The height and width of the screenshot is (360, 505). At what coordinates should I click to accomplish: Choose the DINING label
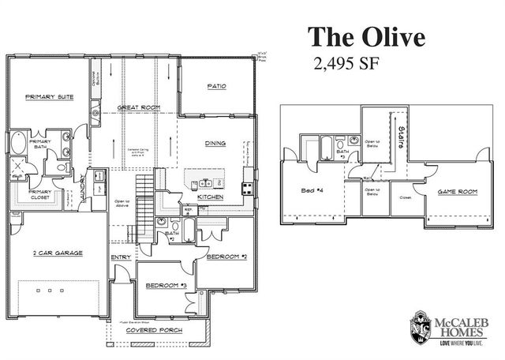(x=215, y=143)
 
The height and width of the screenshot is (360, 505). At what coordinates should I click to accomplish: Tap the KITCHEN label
(x=210, y=196)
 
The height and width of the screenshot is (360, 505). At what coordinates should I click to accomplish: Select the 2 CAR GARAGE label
(x=57, y=253)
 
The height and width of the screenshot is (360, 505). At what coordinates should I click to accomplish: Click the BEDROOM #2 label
(x=226, y=257)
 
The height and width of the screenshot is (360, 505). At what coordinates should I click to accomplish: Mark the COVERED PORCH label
(x=155, y=330)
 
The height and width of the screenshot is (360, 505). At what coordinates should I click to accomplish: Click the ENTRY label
(x=120, y=257)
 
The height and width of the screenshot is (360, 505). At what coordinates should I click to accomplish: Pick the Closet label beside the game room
(x=406, y=197)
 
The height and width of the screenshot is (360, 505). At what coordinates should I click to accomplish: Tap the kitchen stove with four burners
(x=247, y=188)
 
